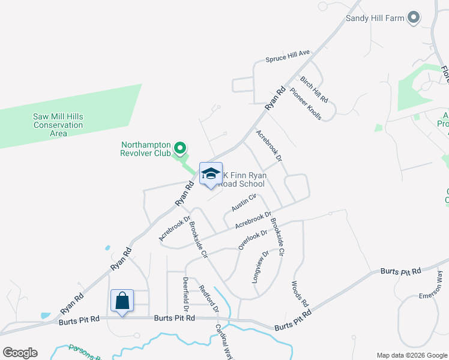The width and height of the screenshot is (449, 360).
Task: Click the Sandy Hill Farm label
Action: [375, 18]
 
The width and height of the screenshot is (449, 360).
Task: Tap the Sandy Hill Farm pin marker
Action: [413, 18]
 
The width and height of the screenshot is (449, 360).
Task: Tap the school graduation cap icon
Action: [210, 173]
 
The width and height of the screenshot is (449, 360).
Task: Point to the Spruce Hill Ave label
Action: [288, 57]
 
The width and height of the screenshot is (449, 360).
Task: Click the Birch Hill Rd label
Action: [314, 89]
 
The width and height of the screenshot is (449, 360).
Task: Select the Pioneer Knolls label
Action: [306, 104]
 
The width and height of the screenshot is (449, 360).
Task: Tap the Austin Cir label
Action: [244, 203]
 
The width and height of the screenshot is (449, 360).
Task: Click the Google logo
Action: [20, 353]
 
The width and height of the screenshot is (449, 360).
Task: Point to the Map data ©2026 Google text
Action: [412, 355]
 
